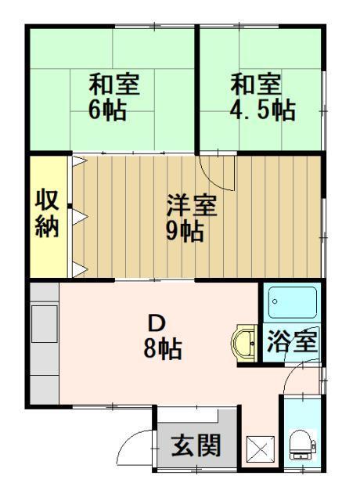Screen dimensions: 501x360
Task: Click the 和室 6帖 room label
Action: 109,95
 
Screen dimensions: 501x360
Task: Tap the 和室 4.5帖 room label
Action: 261,96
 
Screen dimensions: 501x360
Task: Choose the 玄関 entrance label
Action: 195,447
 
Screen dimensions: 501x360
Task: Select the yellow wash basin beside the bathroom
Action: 243,344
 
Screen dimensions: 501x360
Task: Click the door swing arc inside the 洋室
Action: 216,172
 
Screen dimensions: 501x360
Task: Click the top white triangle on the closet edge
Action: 79,162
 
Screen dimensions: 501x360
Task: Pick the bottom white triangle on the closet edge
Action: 79,270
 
